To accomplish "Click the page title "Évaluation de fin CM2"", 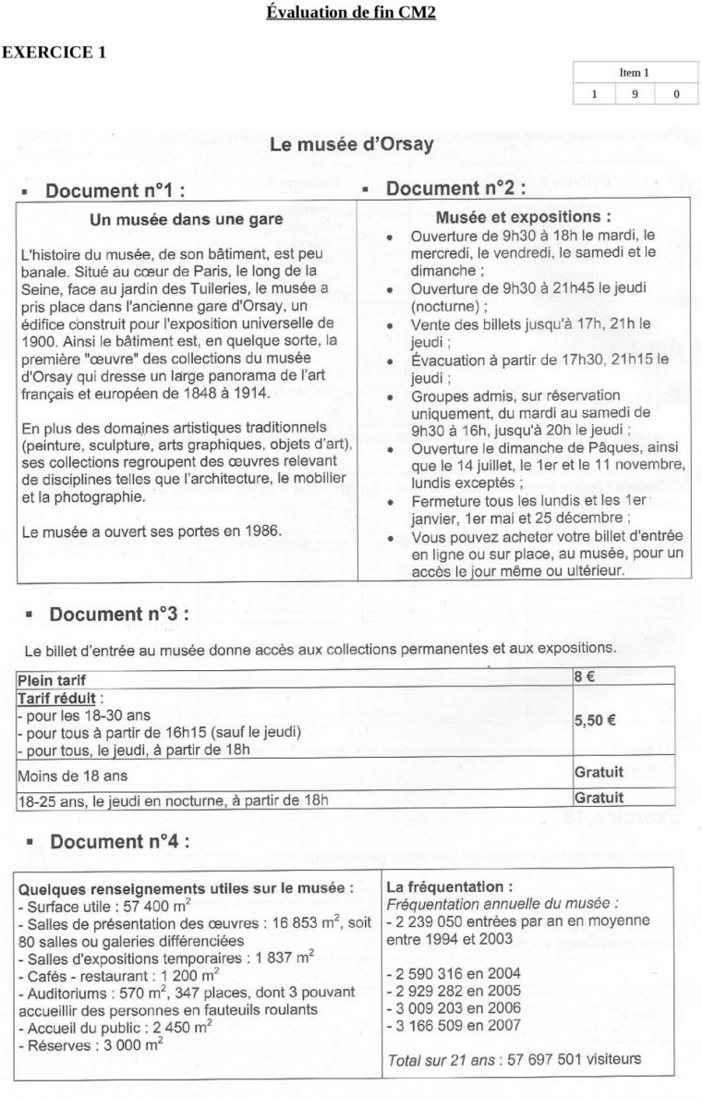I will (350, 12).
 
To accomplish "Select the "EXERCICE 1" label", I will (53, 52).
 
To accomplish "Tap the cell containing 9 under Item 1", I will (635, 93).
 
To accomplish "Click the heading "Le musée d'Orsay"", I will (351, 145).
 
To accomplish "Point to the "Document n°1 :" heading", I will (115, 190).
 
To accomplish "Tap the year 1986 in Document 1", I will (248, 531).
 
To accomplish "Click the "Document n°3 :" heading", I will (119, 614).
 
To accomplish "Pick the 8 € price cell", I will (584, 676).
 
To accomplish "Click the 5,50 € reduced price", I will (595, 723).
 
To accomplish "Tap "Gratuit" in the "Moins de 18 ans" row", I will (599, 772).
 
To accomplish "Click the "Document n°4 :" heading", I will (119, 841).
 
